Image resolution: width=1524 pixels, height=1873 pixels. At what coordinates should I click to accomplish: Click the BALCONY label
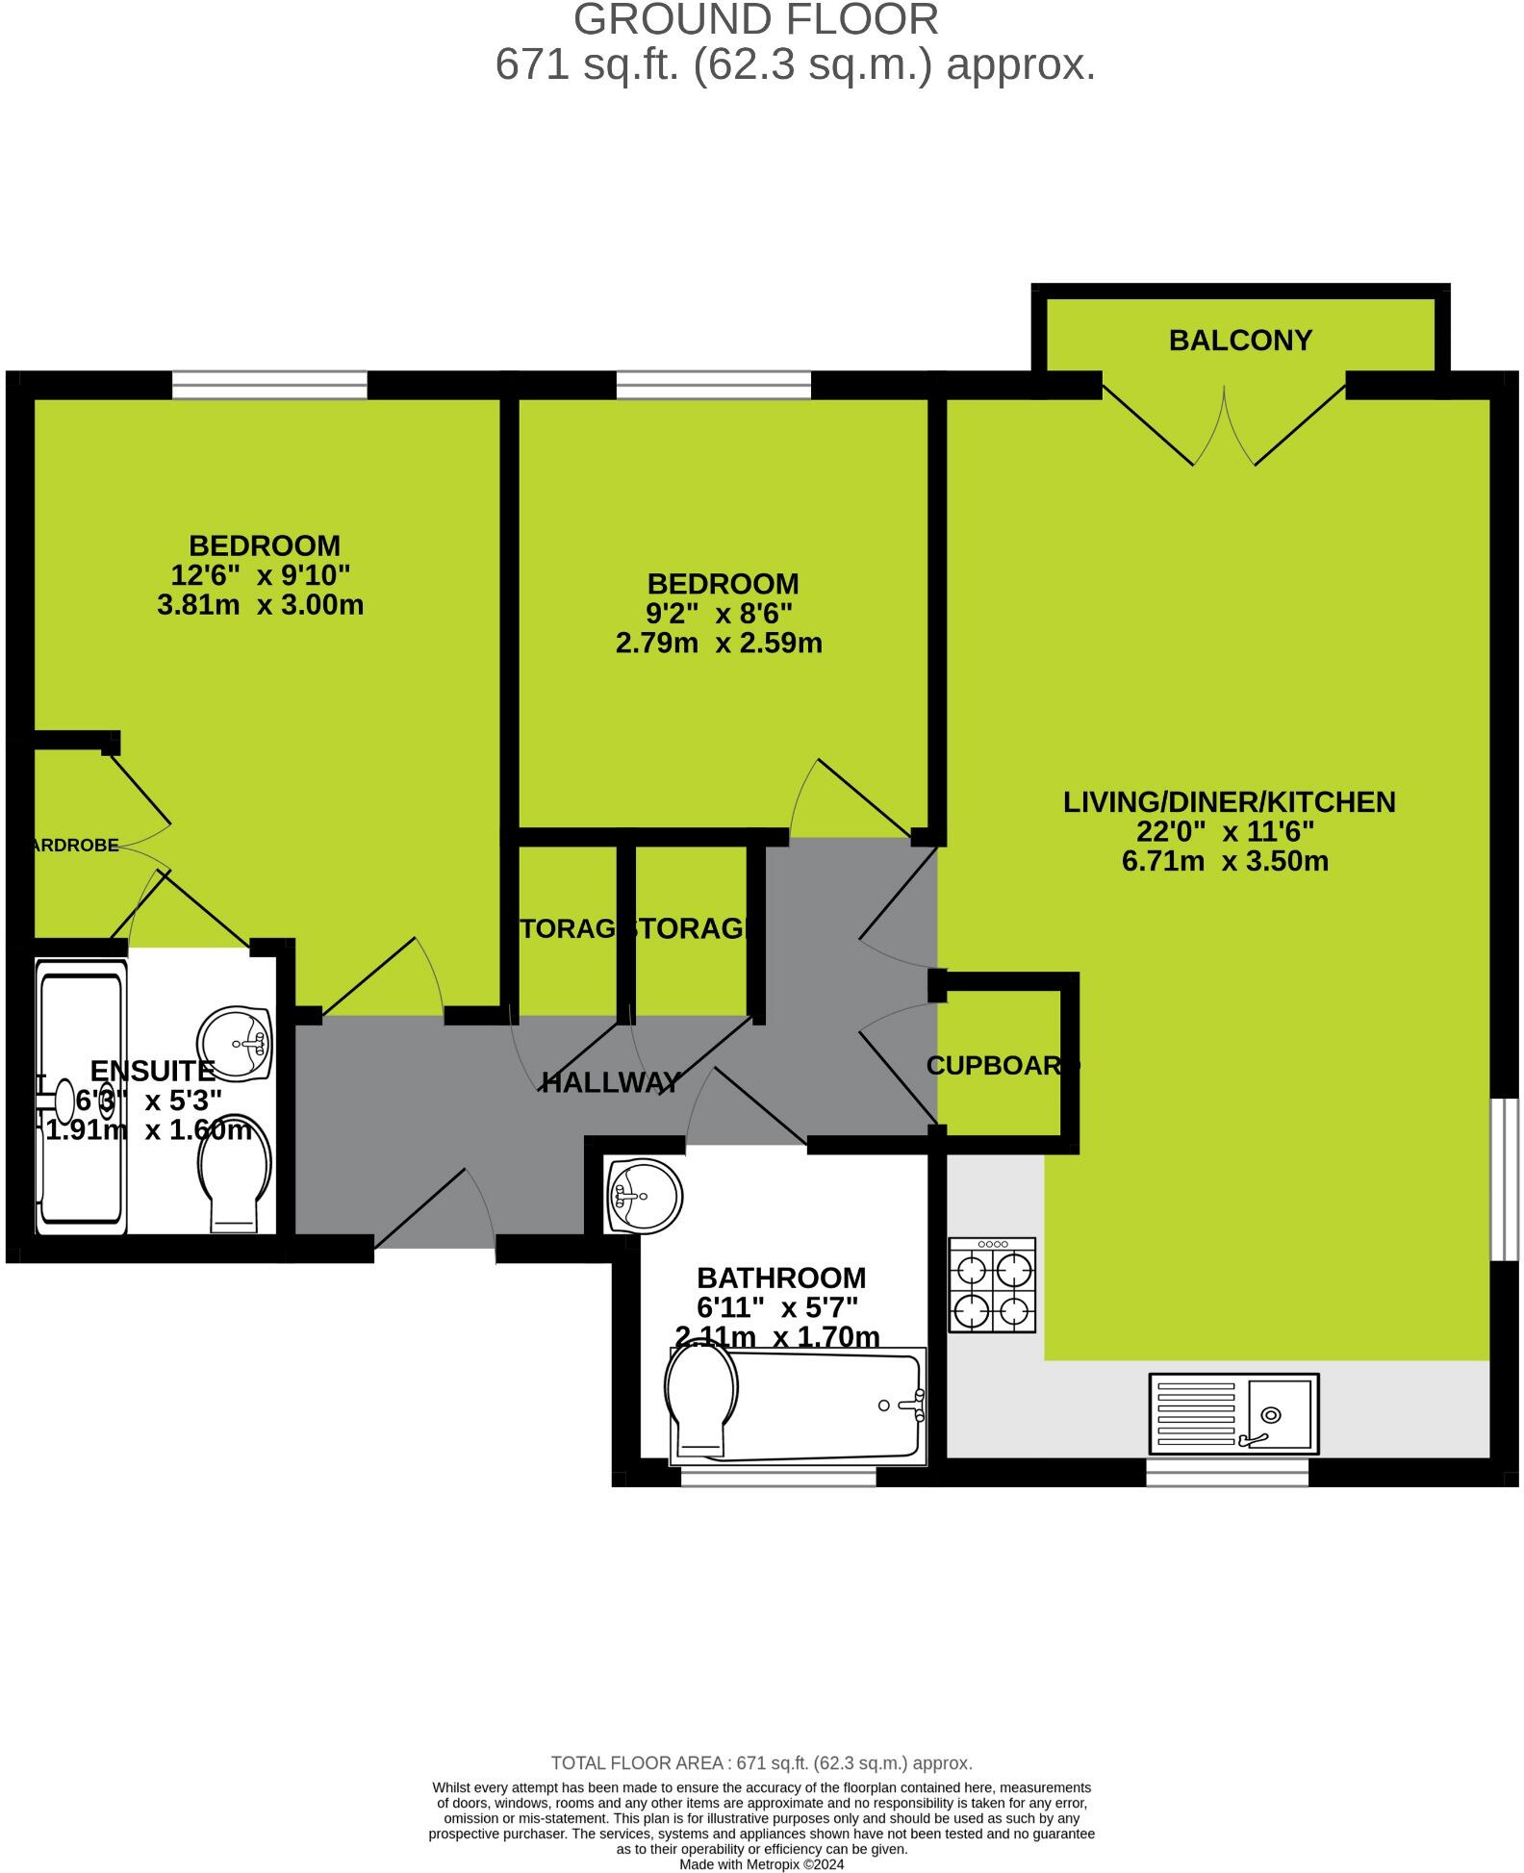click(1240, 341)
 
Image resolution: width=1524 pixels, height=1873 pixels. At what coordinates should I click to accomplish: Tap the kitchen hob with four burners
click(992, 1285)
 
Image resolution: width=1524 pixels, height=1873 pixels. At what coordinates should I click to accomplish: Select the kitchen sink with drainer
click(1233, 1413)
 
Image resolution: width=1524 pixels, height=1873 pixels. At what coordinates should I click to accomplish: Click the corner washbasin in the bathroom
click(643, 1196)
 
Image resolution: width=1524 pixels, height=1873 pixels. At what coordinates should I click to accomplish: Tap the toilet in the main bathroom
click(702, 1400)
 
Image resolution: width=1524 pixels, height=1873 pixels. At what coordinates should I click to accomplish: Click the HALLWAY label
click(611, 1083)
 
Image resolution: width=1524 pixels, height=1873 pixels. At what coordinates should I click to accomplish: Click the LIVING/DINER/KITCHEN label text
click(1229, 802)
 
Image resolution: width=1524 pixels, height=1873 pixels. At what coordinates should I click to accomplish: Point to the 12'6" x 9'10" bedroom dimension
click(260, 575)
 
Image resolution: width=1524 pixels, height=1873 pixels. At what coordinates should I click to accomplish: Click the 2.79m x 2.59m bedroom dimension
click(719, 643)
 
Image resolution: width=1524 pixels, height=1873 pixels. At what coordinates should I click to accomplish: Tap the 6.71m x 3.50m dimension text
click(1225, 861)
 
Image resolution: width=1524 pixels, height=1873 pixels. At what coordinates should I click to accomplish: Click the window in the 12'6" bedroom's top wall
click(270, 385)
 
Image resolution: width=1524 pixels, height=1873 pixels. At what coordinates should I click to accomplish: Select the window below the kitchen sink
click(1227, 1472)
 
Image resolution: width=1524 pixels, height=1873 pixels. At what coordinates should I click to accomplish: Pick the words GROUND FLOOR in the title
click(755, 20)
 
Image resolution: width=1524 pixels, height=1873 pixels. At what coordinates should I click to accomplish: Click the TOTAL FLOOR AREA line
click(761, 1763)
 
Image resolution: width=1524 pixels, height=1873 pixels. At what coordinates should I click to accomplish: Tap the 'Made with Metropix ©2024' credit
click(761, 1863)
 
